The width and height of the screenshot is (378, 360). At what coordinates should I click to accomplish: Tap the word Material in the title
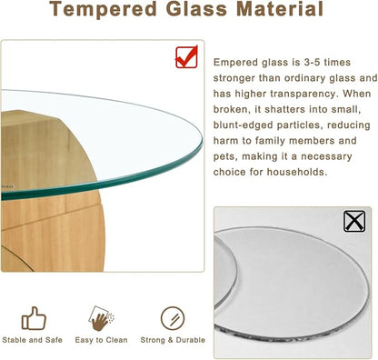click(x=278, y=10)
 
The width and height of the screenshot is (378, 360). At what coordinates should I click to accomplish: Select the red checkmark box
click(x=188, y=58)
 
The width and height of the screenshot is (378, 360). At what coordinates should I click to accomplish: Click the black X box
click(x=355, y=221)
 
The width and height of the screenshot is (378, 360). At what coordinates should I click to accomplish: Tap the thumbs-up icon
click(x=34, y=317)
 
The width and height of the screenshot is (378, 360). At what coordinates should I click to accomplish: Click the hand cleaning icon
click(x=101, y=317)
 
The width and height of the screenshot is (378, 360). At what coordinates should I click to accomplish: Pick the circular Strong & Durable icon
click(x=171, y=317)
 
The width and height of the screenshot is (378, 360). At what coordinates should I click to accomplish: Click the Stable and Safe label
click(x=34, y=341)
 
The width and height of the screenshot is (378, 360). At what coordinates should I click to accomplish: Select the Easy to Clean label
click(x=101, y=341)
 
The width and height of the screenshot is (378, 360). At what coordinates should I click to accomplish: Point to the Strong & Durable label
click(x=172, y=341)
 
